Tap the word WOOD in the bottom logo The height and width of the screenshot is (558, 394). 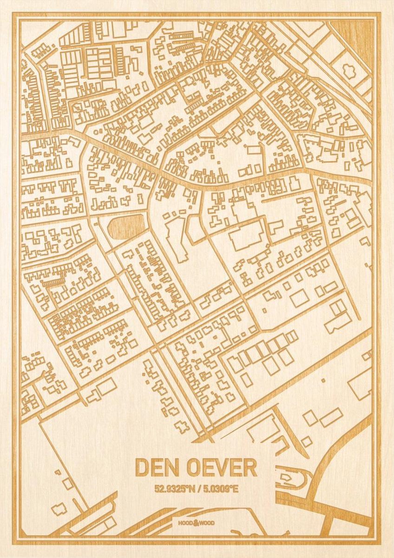pyautogui.click(x=208, y=523)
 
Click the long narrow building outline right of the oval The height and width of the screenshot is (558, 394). pyautogui.click(x=176, y=239)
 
